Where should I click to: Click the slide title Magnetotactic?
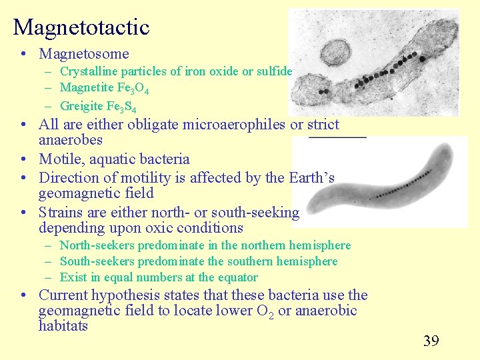click(x=81, y=27)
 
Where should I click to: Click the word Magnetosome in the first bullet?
click(x=84, y=54)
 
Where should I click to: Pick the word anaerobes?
click(x=70, y=141)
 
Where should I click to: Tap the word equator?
click(x=235, y=277)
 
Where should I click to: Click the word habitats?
click(x=63, y=327)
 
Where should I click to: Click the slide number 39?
click(x=431, y=341)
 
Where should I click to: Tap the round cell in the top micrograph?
click(x=336, y=51)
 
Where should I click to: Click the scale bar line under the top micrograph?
click(x=337, y=137)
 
